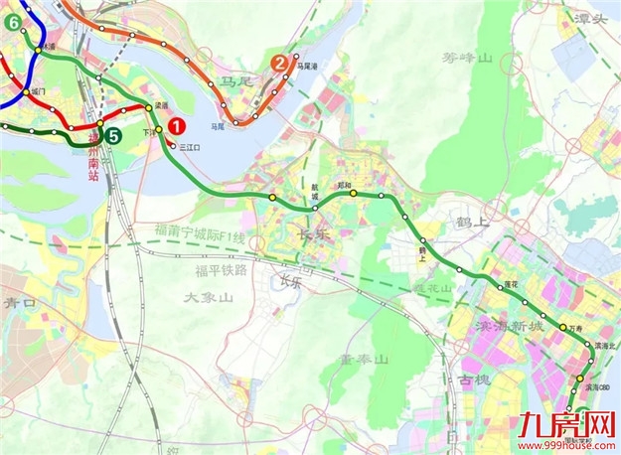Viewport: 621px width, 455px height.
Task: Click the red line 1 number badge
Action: [177, 126]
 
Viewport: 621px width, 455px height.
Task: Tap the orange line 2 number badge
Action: [280, 65]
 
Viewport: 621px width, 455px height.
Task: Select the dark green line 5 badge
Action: [114, 137]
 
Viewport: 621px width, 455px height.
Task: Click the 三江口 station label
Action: [189, 147]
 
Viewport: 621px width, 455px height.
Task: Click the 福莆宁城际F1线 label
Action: [199, 235]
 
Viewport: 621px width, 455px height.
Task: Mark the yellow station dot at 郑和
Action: [352, 194]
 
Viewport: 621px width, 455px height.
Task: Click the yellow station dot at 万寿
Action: [563, 329]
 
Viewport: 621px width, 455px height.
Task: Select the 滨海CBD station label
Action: [601, 386]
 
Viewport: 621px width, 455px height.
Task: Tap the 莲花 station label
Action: [512, 285]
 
